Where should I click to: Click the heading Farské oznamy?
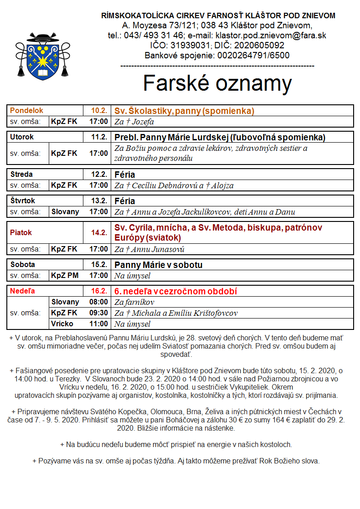coord(217,83)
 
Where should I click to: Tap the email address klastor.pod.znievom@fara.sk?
coord(271,35)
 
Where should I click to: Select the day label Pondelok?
coord(26,111)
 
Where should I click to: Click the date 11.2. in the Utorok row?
coord(98,137)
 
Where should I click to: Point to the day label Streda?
coord(22,175)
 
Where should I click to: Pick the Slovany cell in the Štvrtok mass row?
coord(65,211)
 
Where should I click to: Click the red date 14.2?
coord(98,232)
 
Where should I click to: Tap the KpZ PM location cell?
coord(64,275)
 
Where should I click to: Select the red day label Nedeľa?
coord(23,291)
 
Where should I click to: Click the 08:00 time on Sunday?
coord(98,302)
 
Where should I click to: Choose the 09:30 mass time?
coord(98,313)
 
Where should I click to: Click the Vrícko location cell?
coord(62,324)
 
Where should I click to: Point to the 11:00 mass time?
coord(98,324)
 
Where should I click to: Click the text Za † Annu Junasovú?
coord(149,249)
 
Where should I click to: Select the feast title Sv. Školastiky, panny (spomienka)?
coord(184,111)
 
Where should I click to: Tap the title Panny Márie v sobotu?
coord(158,265)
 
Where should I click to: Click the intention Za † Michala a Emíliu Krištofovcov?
coord(175,313)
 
